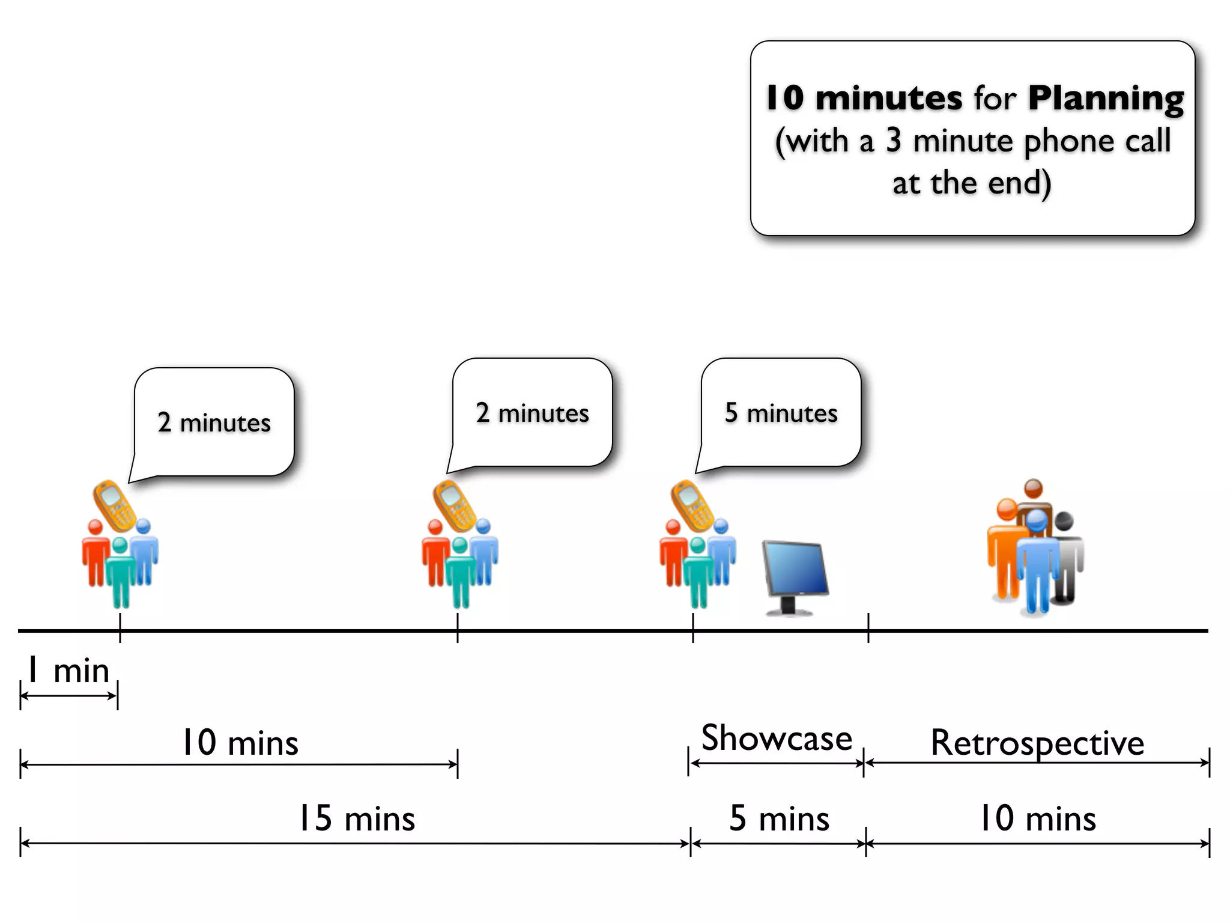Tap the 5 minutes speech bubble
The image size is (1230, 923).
coord(781,413)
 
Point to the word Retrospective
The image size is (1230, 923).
coord(1037,743)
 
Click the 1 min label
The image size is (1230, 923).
coord(68,671)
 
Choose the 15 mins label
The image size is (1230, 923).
coord(356,818)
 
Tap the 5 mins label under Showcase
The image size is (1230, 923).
coord(779,818)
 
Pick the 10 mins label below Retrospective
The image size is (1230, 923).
coord(1037,818)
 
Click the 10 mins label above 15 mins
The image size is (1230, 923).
coord(240,743)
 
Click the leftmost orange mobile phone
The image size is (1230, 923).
coord(114,505)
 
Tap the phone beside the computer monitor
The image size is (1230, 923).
coord(692,505)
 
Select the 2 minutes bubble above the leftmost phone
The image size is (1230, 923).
coord(214,422)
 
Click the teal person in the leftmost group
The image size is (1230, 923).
coord(120,574)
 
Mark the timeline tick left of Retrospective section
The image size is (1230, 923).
coord(868,629)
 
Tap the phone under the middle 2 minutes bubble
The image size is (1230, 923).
coord(455,505)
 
